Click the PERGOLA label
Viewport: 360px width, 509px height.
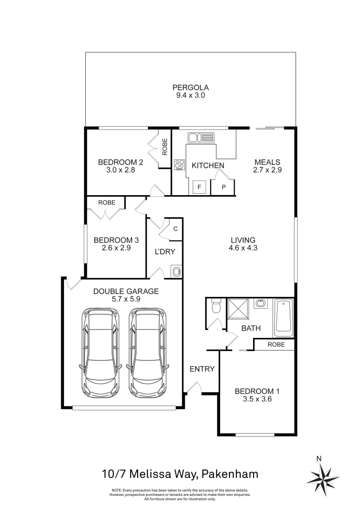[x=190, y=87]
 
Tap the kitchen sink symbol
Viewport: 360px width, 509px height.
[x=201, y=138]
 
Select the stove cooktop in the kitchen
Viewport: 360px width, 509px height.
[x=180, y=164]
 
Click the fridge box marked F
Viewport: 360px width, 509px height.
[x=199, y=187]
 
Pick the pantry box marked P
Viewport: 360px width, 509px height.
[x=224, y=187]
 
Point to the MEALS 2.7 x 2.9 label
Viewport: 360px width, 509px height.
[x=267, y=166]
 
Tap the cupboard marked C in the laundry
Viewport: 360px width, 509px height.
[x=175, y=229]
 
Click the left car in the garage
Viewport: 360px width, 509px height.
[x=100, y=353]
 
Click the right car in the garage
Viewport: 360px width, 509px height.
[x=147, y=353]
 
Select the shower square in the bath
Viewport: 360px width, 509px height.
[x=239, y=309]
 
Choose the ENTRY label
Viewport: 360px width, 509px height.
[x=202, y=369]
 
